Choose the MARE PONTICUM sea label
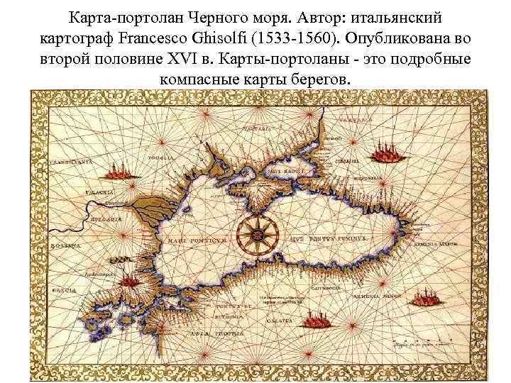(197, 241)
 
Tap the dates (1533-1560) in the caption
(370, 36)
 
